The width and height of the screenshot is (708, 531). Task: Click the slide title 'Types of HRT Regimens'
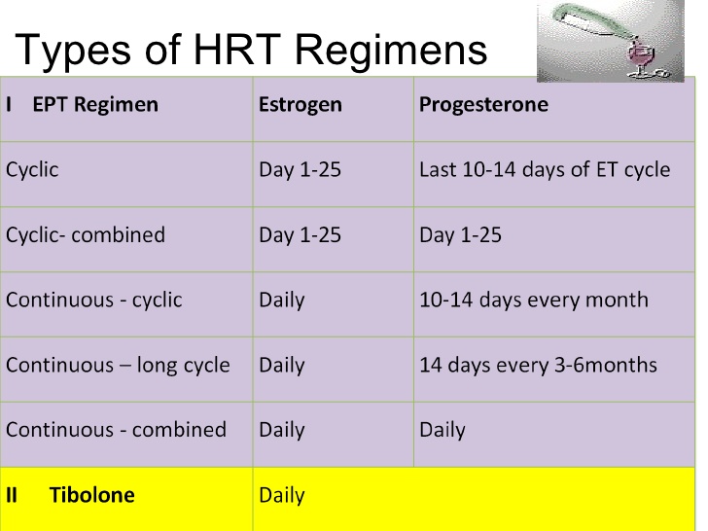pos(252,49)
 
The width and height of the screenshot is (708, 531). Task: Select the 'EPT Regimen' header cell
pos(94,104)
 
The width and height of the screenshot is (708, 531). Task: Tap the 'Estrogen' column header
pos(300,104)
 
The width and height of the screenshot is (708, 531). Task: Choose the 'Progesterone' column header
pos(483,104)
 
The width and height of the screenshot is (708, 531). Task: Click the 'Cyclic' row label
pos(32,169)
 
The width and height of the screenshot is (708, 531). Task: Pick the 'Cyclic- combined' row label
pos(86,234)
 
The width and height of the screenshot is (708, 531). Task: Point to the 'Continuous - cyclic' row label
pos(93,300)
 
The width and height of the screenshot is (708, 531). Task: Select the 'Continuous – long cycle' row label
pos(118,365)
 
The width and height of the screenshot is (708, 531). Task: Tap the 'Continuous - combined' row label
pos(116,430)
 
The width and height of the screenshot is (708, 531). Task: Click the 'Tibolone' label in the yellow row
pos(91,495)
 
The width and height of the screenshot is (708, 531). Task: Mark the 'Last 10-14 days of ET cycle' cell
pos(544,169)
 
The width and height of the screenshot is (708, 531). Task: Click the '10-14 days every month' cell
pos(533,300)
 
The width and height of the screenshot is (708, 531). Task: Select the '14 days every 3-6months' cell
pos(538,365)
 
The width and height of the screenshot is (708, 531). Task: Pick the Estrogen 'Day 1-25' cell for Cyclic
pos(300,169)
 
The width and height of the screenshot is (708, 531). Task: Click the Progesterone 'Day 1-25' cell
pos(460,234)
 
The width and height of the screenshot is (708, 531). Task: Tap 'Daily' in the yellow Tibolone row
pos(281,495)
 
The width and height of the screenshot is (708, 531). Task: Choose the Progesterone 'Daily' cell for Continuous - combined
pos(442,430)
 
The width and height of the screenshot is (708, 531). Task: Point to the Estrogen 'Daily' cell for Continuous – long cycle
pos(281,365)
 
